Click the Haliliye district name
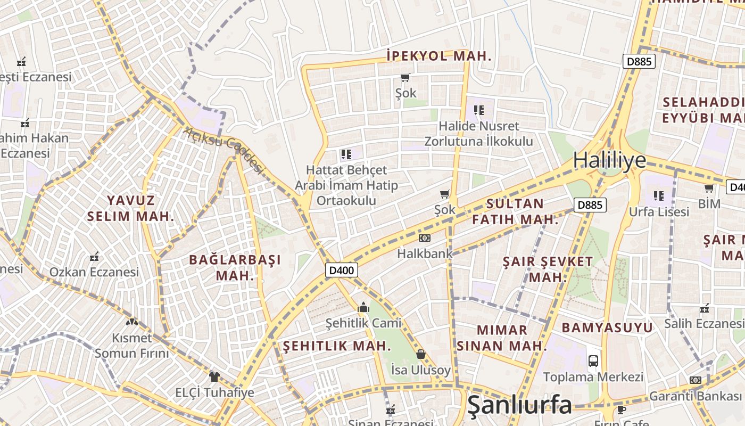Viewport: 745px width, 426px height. pyautogui.click(x=609, y=160)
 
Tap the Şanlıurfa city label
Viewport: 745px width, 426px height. pyautogui.click(x=519, y=406)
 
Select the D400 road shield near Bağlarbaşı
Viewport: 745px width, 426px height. pyautogui.click(x=341, y=270)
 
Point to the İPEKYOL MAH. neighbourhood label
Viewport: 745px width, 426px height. pyautogui.click(x=439, y=56)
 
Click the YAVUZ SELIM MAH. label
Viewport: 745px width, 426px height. pyautogui.click(x=130, y=208)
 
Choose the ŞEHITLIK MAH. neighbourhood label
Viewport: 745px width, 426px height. pyautogui.click(x=337, y=346)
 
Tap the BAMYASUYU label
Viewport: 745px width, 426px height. pyautogui.click(x=607, y=327)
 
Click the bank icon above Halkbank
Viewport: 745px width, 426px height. pyautogui.click(x=424, y=237)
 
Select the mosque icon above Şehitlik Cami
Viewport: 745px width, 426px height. pyautogui.click(x=363, y=307)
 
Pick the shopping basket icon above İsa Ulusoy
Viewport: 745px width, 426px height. pyautogui.click(x=420, y=354)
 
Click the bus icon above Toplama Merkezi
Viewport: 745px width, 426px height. pyautogui.click(x=593, y=361)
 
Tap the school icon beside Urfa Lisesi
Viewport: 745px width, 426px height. pyautogui.click(x=659, y=196)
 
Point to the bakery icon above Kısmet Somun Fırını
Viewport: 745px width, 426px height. pyautogui.click(x=131, y=322)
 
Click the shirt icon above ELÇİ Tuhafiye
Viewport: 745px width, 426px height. pyautogui.click(x=214, y=377)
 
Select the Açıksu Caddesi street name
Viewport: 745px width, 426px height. pyautogui.click(x=225, y=150)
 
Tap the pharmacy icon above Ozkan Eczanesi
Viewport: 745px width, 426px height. pyautogui.click(x=94, y=257)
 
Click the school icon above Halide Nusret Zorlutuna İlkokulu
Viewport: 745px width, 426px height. pyautogui.click(x=478, y=110)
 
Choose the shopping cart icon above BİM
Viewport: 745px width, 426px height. pyautogui.click(x=709, y=188)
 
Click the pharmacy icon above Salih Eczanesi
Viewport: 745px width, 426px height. pyautogui.click(x=705, y=308)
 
